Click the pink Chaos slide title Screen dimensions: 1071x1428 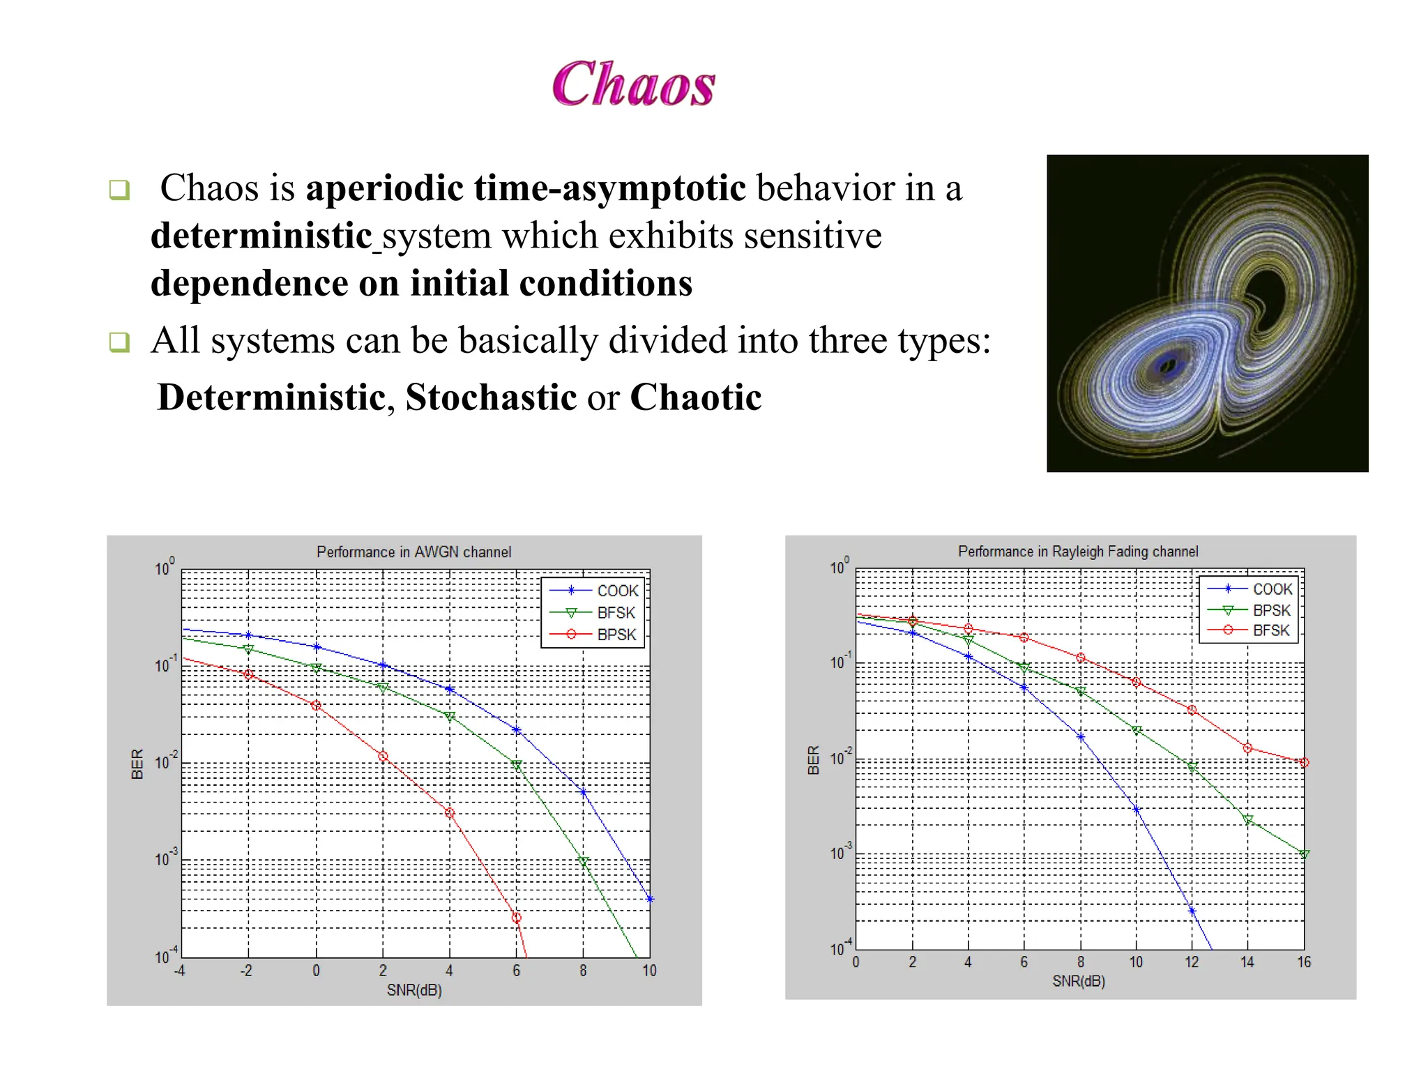pos(633,84)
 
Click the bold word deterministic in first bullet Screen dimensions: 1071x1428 pos(261,236)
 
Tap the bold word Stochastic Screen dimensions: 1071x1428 pos(491,397)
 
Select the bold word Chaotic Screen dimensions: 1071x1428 pos(695,397)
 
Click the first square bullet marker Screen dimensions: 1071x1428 pos(119,189)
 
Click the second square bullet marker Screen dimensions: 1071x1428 pos(119,342)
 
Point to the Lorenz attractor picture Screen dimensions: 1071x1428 pos(1207,313)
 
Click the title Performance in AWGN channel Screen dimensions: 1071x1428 pos(413,552)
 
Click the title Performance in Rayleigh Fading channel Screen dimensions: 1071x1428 pos(1078,552)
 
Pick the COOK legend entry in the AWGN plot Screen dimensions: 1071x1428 pos(616,591)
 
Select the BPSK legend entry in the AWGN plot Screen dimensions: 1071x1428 pos(616,635)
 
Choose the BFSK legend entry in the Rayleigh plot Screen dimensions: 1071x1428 pos(1270,630)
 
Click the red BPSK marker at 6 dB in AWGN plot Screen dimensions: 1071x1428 pos(516,918)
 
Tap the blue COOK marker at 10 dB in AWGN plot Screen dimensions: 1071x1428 pos(650,899)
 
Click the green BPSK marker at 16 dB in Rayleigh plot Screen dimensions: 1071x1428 pos(1304,854)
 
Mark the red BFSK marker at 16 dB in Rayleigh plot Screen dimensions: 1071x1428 pos(1304,763)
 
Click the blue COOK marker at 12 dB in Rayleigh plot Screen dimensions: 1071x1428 pos(1192,911)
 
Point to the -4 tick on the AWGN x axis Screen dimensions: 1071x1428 pos(180,971)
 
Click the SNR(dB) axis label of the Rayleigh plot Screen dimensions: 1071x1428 pos(1079,981)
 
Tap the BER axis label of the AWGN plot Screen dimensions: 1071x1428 pos(137,764)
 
